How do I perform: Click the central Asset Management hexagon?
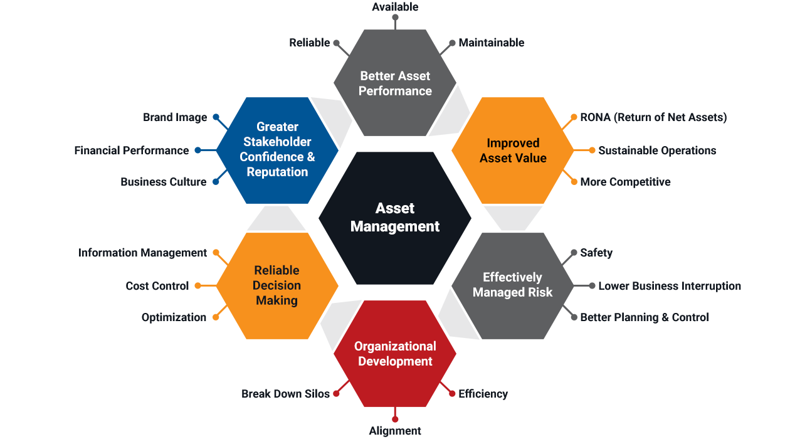coord(395,217)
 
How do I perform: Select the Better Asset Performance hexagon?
coord(395,83)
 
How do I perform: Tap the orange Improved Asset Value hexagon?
coord(513,151)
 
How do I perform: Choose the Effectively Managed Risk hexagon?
coord(513,285)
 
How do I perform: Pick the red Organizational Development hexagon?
coord(395,354)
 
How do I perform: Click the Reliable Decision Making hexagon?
coord(276,285)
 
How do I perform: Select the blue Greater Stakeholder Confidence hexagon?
coord(277,149)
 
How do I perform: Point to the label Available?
coord(395,7)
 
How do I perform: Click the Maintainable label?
coord(491,43)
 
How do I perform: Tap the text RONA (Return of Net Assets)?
coord(653,117)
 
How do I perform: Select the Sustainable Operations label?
coord(657,151)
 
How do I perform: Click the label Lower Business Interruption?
coord(670,286)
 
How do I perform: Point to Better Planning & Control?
coord(644,317)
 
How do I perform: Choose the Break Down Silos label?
coord(285,394)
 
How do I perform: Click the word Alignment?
coord(395,431)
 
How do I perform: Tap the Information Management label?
coord(142,253)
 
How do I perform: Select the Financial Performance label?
coord(131,151)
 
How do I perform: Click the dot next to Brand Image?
coord(216,117)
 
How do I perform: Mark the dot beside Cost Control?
coord(197,286)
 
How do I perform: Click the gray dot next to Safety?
coord(574,253)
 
